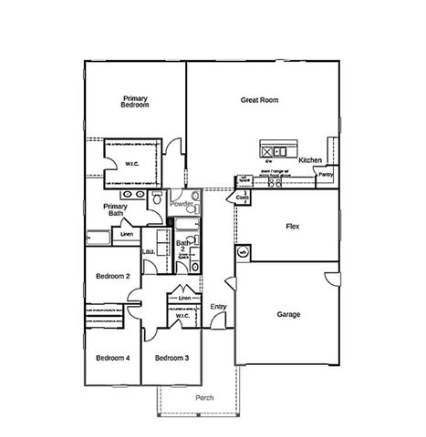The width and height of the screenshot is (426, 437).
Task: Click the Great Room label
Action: coord(259,100)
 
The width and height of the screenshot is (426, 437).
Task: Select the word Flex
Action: coord(293,226)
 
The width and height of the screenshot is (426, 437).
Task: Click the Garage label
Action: coord(288,315)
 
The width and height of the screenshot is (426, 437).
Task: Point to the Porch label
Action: coord(205,399)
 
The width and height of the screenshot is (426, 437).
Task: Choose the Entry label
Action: coord(218,307)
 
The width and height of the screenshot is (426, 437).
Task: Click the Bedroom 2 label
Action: coord(113,276)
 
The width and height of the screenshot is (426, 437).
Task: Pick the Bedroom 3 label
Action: coord(171,358)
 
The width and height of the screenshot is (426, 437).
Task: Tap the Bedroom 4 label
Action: coord(112,358)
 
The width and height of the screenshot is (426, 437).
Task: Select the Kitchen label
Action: coord(310,160)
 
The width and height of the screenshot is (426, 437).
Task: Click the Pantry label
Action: coord(326,173)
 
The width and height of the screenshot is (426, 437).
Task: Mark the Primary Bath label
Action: coord(115,210)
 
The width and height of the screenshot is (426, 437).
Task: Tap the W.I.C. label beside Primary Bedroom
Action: coord(131,164)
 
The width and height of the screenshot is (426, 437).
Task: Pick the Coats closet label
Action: coord(243,197)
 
